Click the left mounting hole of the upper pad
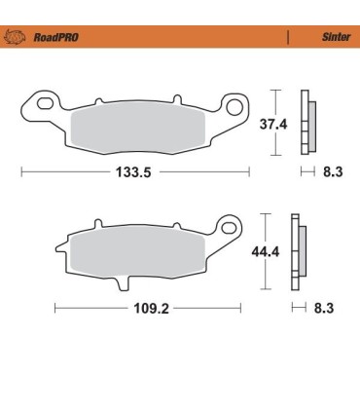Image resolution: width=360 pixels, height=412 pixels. pos(41,99)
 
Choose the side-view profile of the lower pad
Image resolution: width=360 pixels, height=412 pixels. pos(299,251)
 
